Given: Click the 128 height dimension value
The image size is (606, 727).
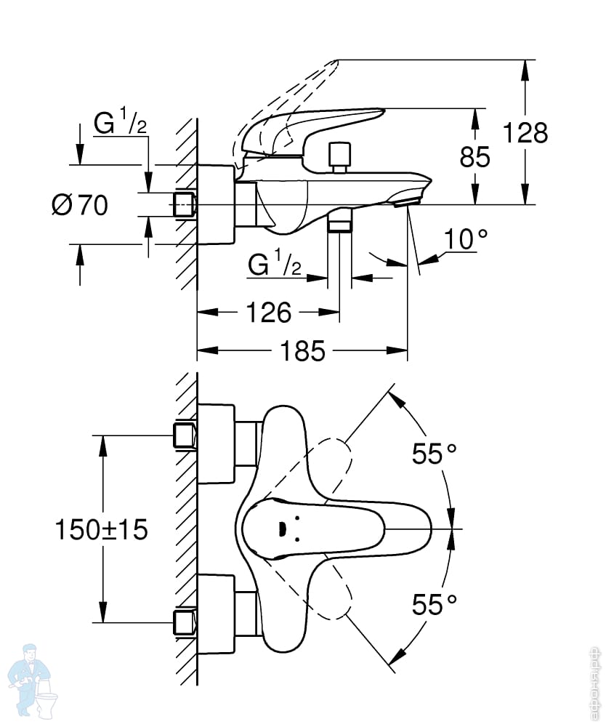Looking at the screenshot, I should click(x=525, y=133).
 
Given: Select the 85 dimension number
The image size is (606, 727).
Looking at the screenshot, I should click(x=475, y=156).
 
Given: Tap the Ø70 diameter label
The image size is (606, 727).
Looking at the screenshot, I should click(x=80, y=206).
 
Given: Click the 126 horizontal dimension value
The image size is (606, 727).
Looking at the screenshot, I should click(x=268, y=313).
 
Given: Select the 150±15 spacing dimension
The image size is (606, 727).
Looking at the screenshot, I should click(x=102, y=529).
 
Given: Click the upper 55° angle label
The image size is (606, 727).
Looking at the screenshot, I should click(x=435, y=454).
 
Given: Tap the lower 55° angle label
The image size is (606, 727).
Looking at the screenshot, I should click(x=435, y=603).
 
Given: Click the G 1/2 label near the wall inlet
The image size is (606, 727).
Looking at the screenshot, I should click(x=121, y=123).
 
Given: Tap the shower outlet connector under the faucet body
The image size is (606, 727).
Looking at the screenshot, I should click(x=339, y=222).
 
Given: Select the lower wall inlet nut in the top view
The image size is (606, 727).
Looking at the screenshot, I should click(x=185, y=622).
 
